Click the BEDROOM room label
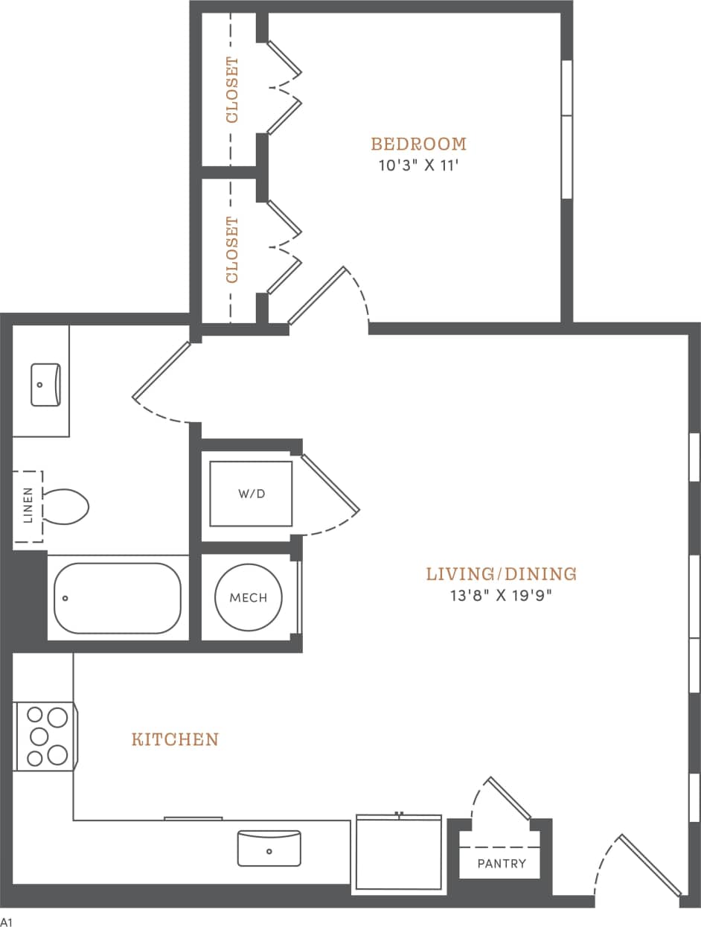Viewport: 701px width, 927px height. tap(419, 143)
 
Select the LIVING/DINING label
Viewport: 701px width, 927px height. tap(501, 573)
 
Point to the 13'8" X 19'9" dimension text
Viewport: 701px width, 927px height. tap(502, 595)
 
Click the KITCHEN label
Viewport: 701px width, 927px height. tap(175, 739)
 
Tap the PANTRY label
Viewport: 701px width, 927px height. tap(502, 864)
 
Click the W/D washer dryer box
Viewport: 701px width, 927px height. tap(251, 494)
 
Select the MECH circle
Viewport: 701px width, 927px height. tap(248, 597)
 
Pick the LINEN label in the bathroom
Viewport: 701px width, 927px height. tap(28, 505)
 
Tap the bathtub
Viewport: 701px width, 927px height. tap(118, 598)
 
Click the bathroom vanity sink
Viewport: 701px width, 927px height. tap(45, 384)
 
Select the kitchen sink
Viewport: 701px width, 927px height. tap(269, 848)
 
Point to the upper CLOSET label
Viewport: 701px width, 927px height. tap(232, 89)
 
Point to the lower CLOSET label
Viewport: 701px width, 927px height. tap(232, 249)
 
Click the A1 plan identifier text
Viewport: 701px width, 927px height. tap(7, 922)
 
